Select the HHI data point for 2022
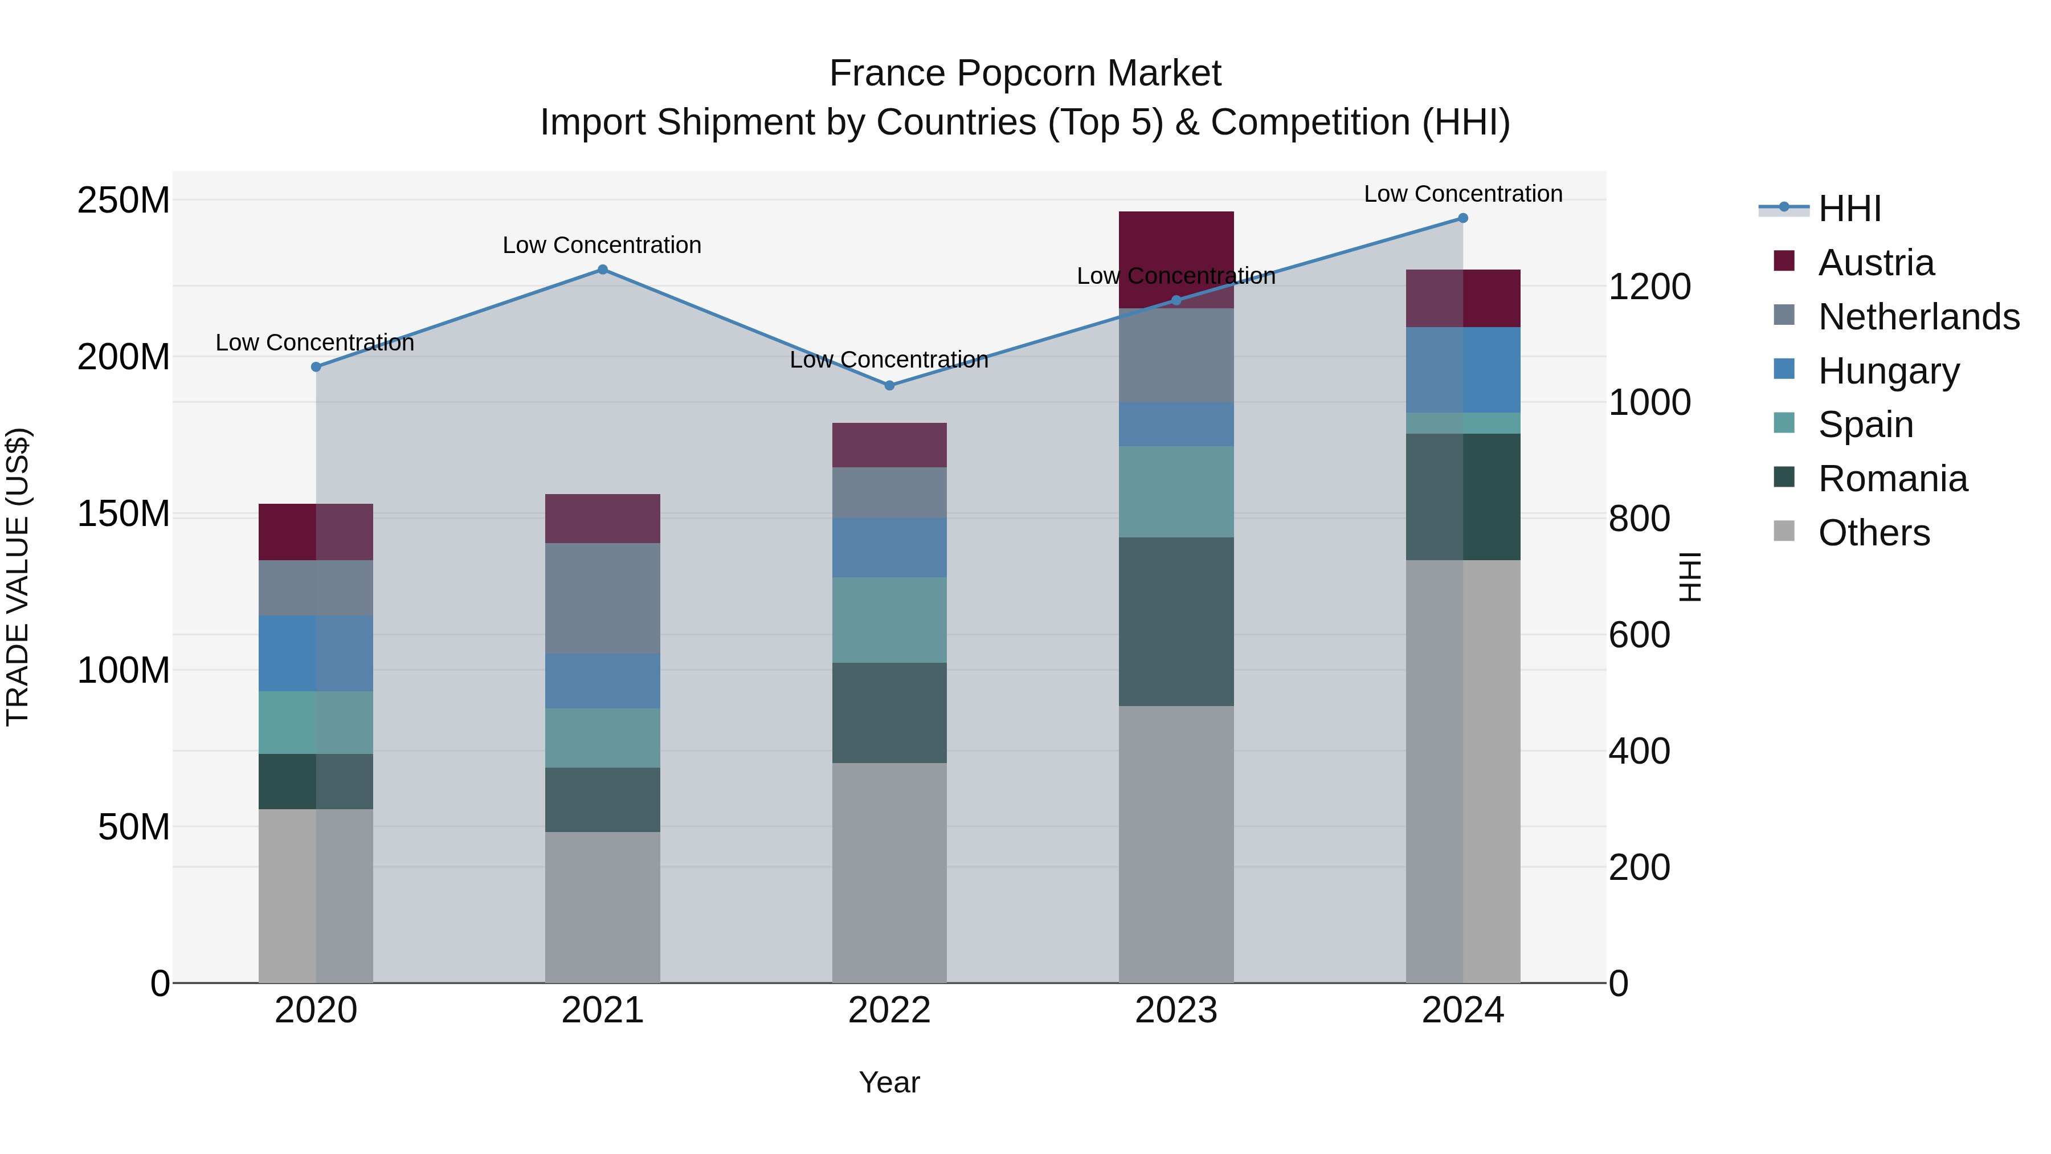[889, 385]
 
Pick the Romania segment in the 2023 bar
[1176, 621]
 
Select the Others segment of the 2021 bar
[603, 908]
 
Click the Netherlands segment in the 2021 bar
[603, 598]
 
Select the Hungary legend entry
[1888, 371]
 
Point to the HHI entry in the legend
[1849, 209]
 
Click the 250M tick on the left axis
[124, 200]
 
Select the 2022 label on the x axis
[889, 1010]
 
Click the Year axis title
[889, 1082]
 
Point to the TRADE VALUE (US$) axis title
[18, 577]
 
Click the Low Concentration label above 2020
[315, 342]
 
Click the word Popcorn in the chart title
[1025, 74]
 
